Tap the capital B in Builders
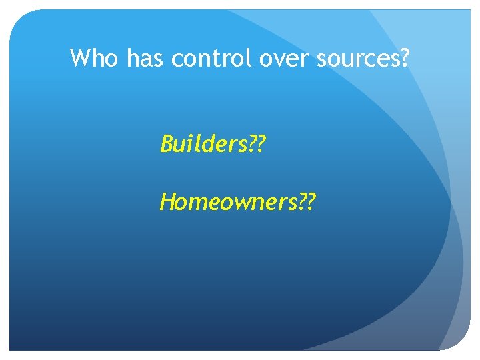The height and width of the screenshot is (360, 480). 167,143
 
